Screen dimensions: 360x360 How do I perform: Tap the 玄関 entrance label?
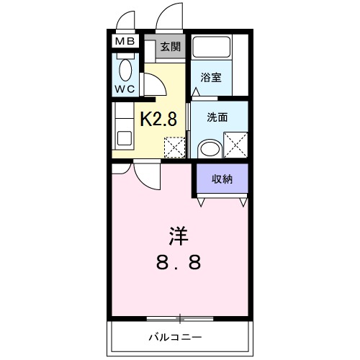coord(170,47)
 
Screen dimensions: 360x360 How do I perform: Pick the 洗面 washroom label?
coord(217,117)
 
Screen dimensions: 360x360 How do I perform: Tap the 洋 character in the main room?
coord(179,236)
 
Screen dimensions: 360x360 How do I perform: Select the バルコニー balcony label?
coord(176,337)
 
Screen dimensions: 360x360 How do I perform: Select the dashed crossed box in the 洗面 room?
coord(235,145)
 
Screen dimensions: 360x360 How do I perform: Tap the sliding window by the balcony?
coord(179,317)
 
